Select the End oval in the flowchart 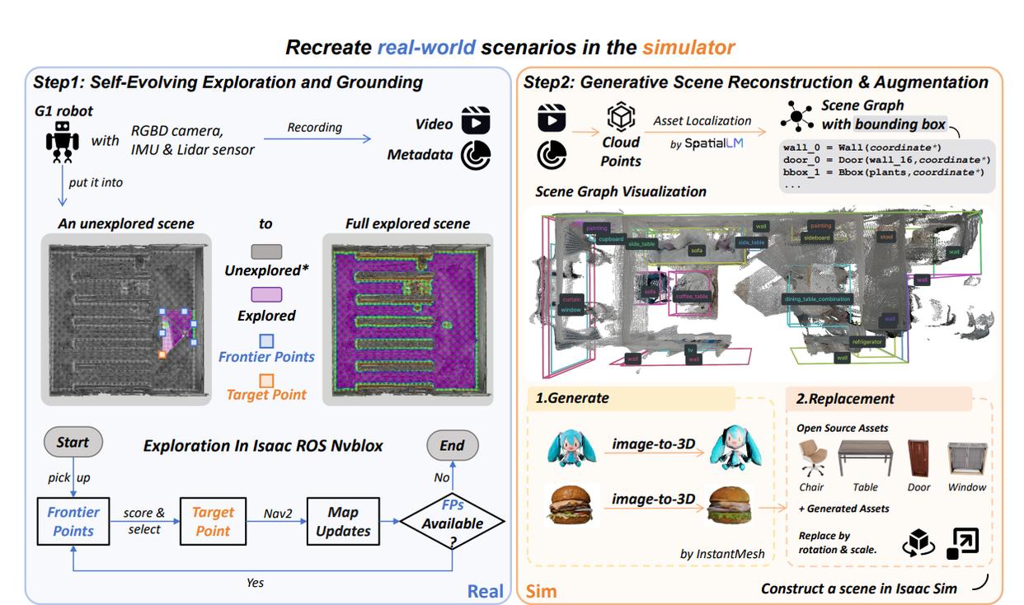click(451, 446)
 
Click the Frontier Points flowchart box click(73, 520)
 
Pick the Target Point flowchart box click(213, 520)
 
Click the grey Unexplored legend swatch click(265, 251)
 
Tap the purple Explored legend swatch click(265, 295)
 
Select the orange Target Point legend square click(266, 381)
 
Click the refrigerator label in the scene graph click(867, 341)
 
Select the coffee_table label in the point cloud click(692, 297)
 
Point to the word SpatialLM click(707, 143)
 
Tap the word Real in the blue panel click(485, 590)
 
